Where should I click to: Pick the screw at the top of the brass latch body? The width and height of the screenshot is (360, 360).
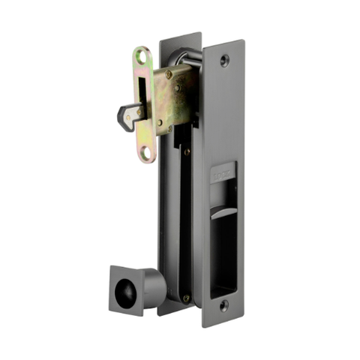[169, 74]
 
